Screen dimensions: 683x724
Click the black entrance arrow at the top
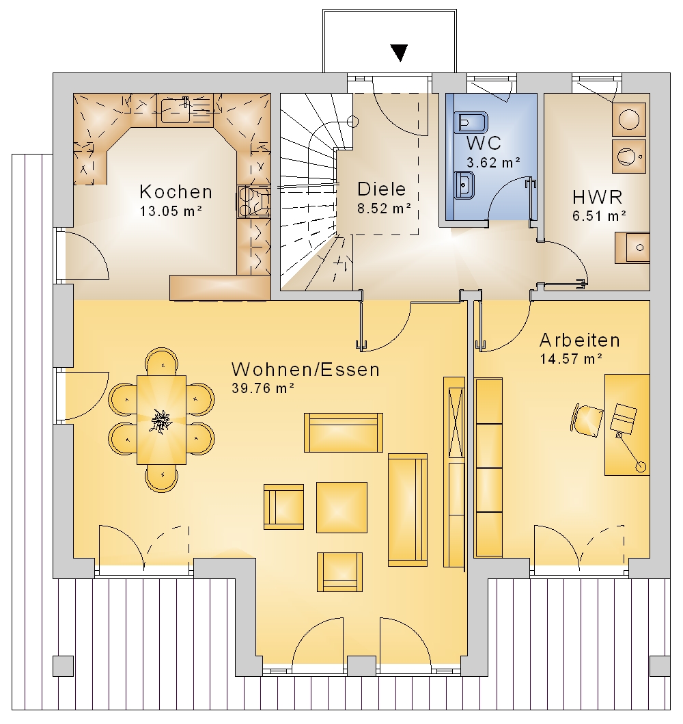[x=399, y=53]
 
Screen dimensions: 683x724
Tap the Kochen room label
[x=176, y=191]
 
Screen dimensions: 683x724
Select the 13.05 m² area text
[x=171, y=211]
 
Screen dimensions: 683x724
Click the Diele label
[x=381, y=189]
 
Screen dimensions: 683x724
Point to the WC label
[x=484, y=143]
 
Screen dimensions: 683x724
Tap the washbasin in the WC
[x=464, y=185]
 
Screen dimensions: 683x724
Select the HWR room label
[x=597, y=197]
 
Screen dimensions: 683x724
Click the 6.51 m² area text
[x=599, y=215]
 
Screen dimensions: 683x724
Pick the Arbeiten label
[x=580, y=340]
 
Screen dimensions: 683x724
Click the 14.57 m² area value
[x=571, y=359]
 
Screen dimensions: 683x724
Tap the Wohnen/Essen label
[x=306, y=369]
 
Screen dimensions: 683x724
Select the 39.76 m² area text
[x=263, y=388]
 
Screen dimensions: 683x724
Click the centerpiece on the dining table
[x=161, y=421]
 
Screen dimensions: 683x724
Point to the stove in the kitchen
[x=253, y=201]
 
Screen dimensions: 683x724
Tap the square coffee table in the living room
[x=341, y=507]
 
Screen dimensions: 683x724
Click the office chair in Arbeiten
[x=587, y=420]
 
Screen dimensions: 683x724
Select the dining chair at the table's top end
[x=162, y=361]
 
